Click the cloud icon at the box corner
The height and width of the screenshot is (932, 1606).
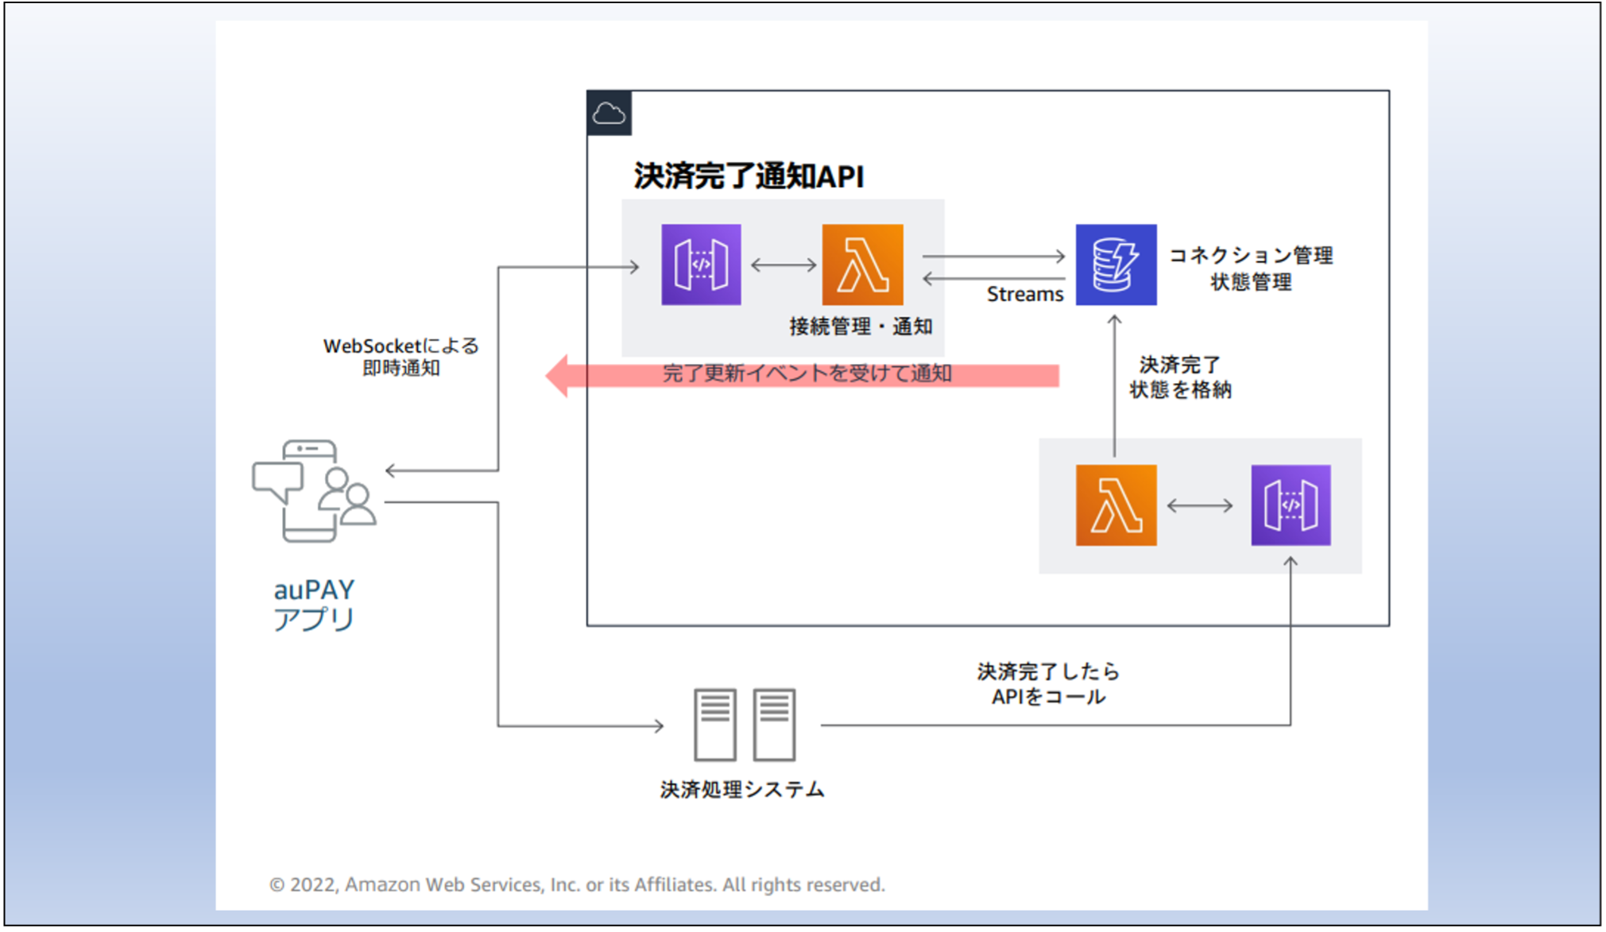[x=609, y=114]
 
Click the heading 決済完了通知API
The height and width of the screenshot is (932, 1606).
[x=748, y=176]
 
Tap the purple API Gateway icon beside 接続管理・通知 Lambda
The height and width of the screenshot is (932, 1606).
[x=701, y=265]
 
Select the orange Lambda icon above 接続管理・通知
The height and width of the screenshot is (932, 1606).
[x=862, y=265]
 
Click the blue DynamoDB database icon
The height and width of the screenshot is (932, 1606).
[x=1116, y=265]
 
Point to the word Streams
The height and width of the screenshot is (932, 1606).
[x=1024, y=295]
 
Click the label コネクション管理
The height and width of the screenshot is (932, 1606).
[x=1251, y=256]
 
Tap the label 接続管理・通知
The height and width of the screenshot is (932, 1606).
[x=861, y=327]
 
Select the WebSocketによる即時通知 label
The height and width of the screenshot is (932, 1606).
[x=401, y=357]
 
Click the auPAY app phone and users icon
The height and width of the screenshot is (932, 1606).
[x=314, y=491]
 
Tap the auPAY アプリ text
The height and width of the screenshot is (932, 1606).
[x=314, y=604]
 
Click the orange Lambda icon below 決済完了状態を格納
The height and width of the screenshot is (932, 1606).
[x=1116, y=505]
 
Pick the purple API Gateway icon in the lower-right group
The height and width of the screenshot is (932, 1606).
[x=1291, y=505]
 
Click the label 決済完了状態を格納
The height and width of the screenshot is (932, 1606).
[x=1180, y=377]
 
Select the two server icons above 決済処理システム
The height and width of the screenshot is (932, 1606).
[x=744, y=725]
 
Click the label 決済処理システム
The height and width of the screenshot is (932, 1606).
[x=742, y=790]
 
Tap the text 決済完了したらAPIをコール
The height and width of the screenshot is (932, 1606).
[x=1048, y=684]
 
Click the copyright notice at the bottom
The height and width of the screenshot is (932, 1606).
[x=577, y=885]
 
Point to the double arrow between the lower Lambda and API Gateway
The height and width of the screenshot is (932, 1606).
[x=1200, y=505]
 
